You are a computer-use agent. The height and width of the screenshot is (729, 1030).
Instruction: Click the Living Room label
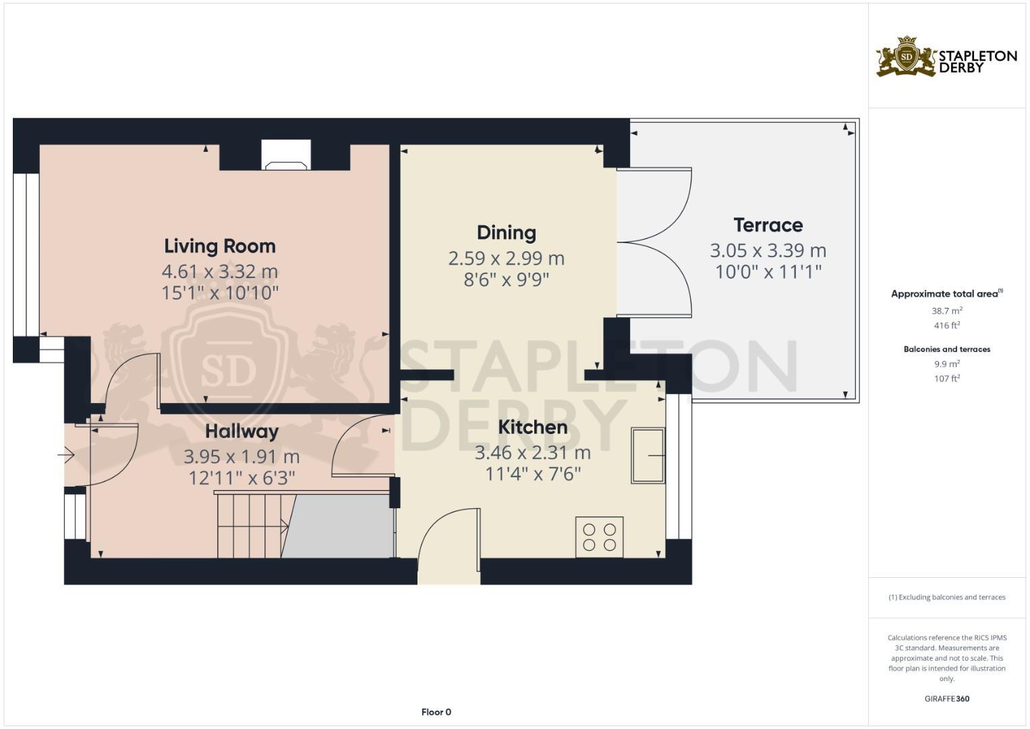220,246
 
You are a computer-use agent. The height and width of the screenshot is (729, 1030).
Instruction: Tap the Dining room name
507,233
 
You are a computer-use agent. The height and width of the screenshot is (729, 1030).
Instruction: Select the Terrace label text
768,225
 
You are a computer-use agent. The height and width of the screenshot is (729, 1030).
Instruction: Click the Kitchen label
532,427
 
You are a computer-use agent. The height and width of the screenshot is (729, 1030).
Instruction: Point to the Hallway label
241,431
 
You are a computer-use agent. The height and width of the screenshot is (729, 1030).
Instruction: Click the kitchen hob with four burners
599,537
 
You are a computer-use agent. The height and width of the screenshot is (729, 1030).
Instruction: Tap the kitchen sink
648,456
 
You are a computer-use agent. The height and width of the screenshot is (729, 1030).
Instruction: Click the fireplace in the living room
286,155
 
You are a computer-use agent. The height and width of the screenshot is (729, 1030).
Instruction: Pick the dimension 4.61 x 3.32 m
220,271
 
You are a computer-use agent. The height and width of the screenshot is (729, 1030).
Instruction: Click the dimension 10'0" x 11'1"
768,272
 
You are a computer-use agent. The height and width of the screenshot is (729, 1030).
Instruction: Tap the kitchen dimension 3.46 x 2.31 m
532,452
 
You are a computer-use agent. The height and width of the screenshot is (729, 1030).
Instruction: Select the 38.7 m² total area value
946,311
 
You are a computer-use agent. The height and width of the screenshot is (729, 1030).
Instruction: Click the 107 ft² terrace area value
946,379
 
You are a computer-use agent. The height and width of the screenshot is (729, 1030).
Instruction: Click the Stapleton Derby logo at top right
946,57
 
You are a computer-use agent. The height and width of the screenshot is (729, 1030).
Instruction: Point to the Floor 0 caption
436,712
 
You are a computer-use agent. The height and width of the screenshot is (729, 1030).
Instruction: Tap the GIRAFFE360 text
946,699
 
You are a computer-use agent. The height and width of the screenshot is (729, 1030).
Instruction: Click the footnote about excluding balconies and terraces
946,597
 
